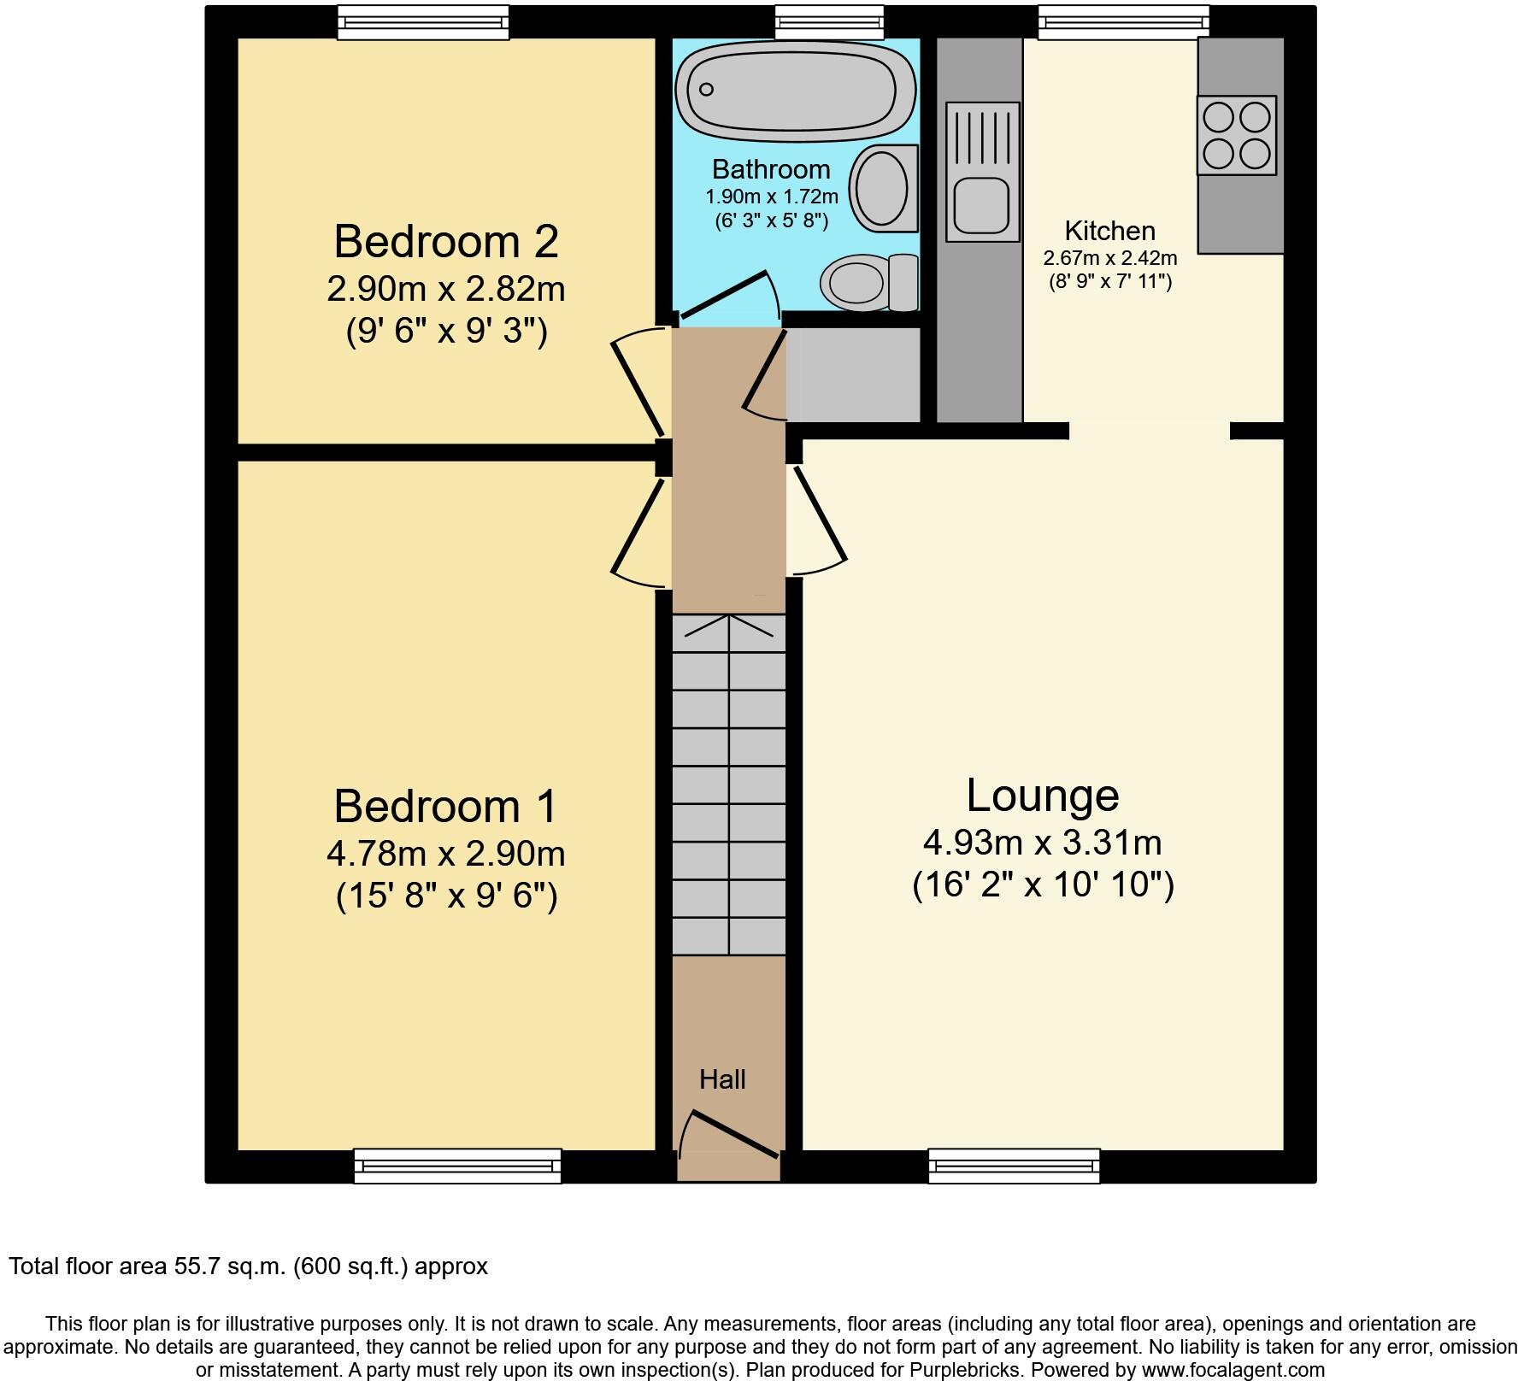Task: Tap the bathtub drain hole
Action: [x=707, y=89]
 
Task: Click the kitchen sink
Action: [x=983, y=171]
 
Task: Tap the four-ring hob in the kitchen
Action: [x=1237, y=135]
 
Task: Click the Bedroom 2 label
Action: [x=446, y=241]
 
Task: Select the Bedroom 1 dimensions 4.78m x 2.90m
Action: [x=446, y=853]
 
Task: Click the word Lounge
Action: [x=1043, y=796]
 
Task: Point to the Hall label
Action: [x=723, y=1079]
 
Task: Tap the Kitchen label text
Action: [x=1109, y=231]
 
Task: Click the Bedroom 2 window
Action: [x=423, y=22]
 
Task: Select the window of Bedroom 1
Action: [x=457, y=1166]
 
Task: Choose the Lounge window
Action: [x=1014, y=1166]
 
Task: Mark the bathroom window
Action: [x=829, y=22]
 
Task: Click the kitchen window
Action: [x=1124, y=22]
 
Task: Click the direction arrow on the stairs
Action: [x=729, y=626]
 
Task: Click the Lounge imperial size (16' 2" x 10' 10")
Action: [x=1043, y=884]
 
